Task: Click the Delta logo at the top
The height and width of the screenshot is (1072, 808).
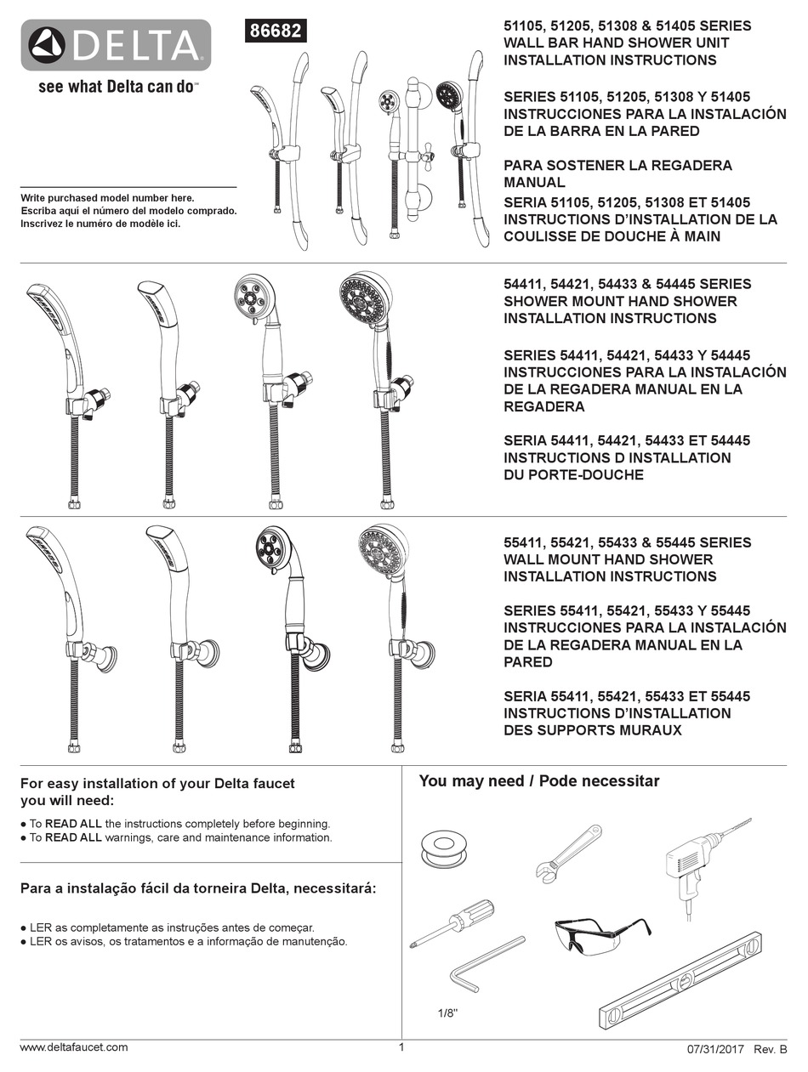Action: tap(116, 45)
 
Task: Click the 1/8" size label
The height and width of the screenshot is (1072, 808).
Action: tap(447, 1013)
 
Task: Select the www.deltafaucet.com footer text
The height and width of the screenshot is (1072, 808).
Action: tap(74, 1047)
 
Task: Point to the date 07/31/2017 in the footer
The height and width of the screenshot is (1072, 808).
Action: tap(716, 1049)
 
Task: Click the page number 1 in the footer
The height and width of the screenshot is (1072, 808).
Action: tap(401, 1047)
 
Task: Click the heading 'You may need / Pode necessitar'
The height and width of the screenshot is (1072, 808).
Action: tap(538, 781)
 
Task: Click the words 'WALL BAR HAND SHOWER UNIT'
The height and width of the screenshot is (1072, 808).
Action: tap(616, 43)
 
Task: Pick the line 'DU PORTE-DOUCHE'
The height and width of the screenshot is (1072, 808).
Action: tap(574, 475)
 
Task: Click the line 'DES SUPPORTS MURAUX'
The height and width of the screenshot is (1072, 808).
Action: tap(592, 730)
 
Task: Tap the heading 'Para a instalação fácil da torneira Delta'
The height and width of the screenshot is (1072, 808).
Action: tap(197, 888)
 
